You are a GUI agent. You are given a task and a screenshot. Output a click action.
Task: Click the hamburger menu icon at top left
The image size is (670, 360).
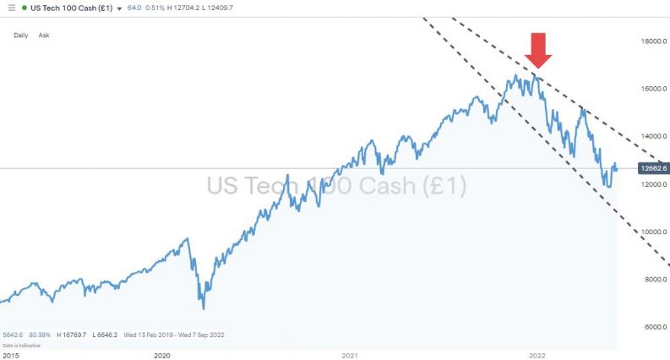click(8, 8)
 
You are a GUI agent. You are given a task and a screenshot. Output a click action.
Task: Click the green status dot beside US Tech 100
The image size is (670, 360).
click(25, 8)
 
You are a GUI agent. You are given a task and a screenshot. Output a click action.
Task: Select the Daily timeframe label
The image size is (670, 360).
click(21, 35)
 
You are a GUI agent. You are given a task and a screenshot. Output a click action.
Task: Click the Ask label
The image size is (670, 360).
click(44, 35)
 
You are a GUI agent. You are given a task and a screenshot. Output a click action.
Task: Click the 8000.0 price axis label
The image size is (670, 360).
click(655, 279)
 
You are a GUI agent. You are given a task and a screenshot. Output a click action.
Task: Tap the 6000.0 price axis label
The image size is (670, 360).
click(655, 326)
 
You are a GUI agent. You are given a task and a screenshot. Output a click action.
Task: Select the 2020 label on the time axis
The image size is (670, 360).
click(162, 355)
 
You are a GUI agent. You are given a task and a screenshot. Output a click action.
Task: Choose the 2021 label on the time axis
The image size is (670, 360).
click(350, 355)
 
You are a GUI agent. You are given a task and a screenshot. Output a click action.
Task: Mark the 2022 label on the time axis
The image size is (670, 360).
click(536, 355)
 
